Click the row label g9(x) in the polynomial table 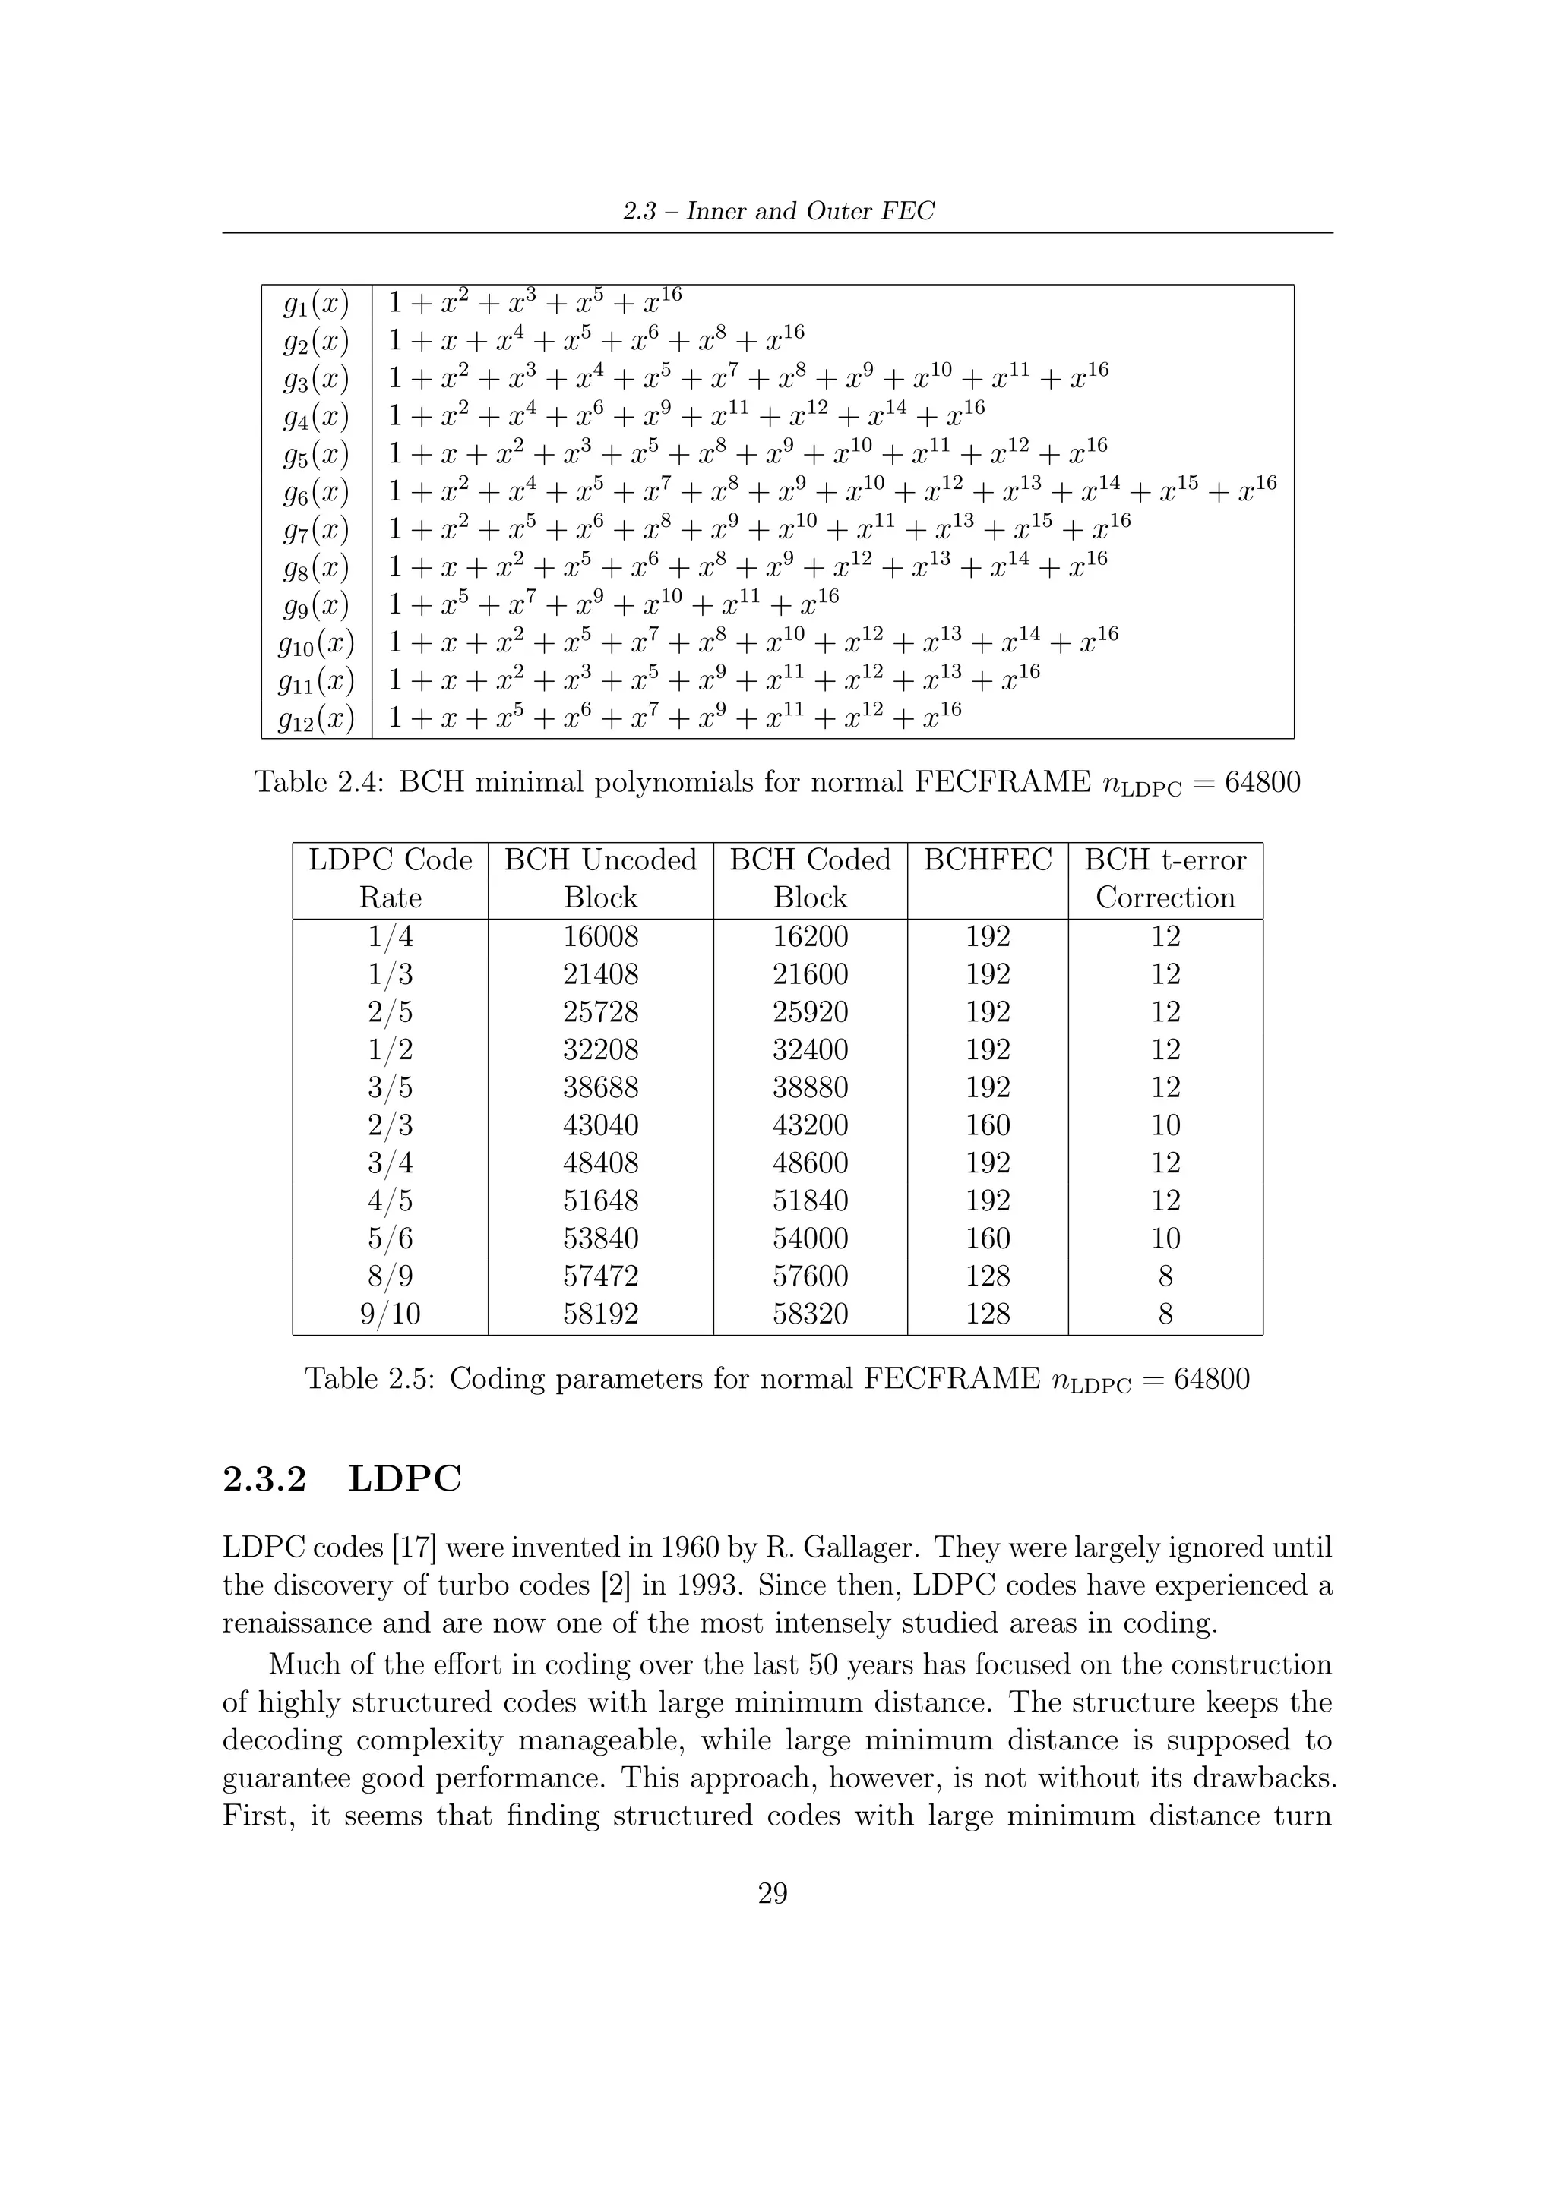[x=316, y=606]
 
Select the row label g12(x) [x=316, y=719]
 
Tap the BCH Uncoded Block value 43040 [x=601, y=1125]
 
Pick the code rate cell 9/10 [x=390, y=1314]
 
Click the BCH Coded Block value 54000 [x=811, y=1238]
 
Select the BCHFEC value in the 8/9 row [x=988, y=1276]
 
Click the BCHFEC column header [x=988, y=860]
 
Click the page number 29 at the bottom [x=773, y=1894]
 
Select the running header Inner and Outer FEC [x=811, y=212]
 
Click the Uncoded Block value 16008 [x=601, y=937]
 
